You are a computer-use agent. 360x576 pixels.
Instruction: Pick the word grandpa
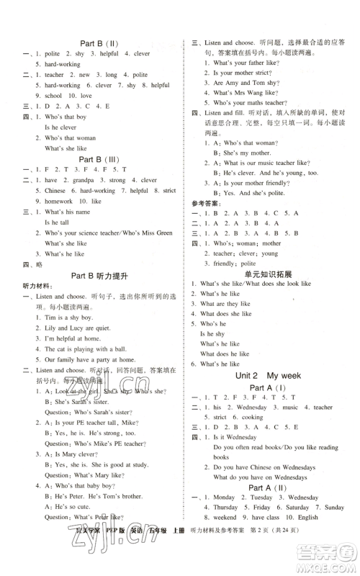(76, 180)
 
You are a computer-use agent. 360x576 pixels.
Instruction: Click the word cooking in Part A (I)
(251, 417)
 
